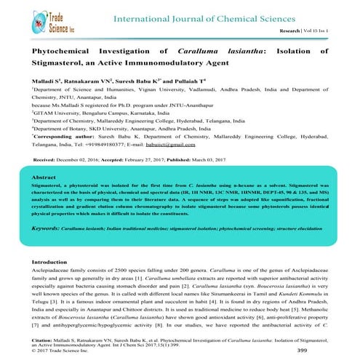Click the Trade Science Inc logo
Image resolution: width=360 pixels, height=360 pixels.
(36, 16)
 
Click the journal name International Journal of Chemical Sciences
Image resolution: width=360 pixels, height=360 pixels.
(191, 17)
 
